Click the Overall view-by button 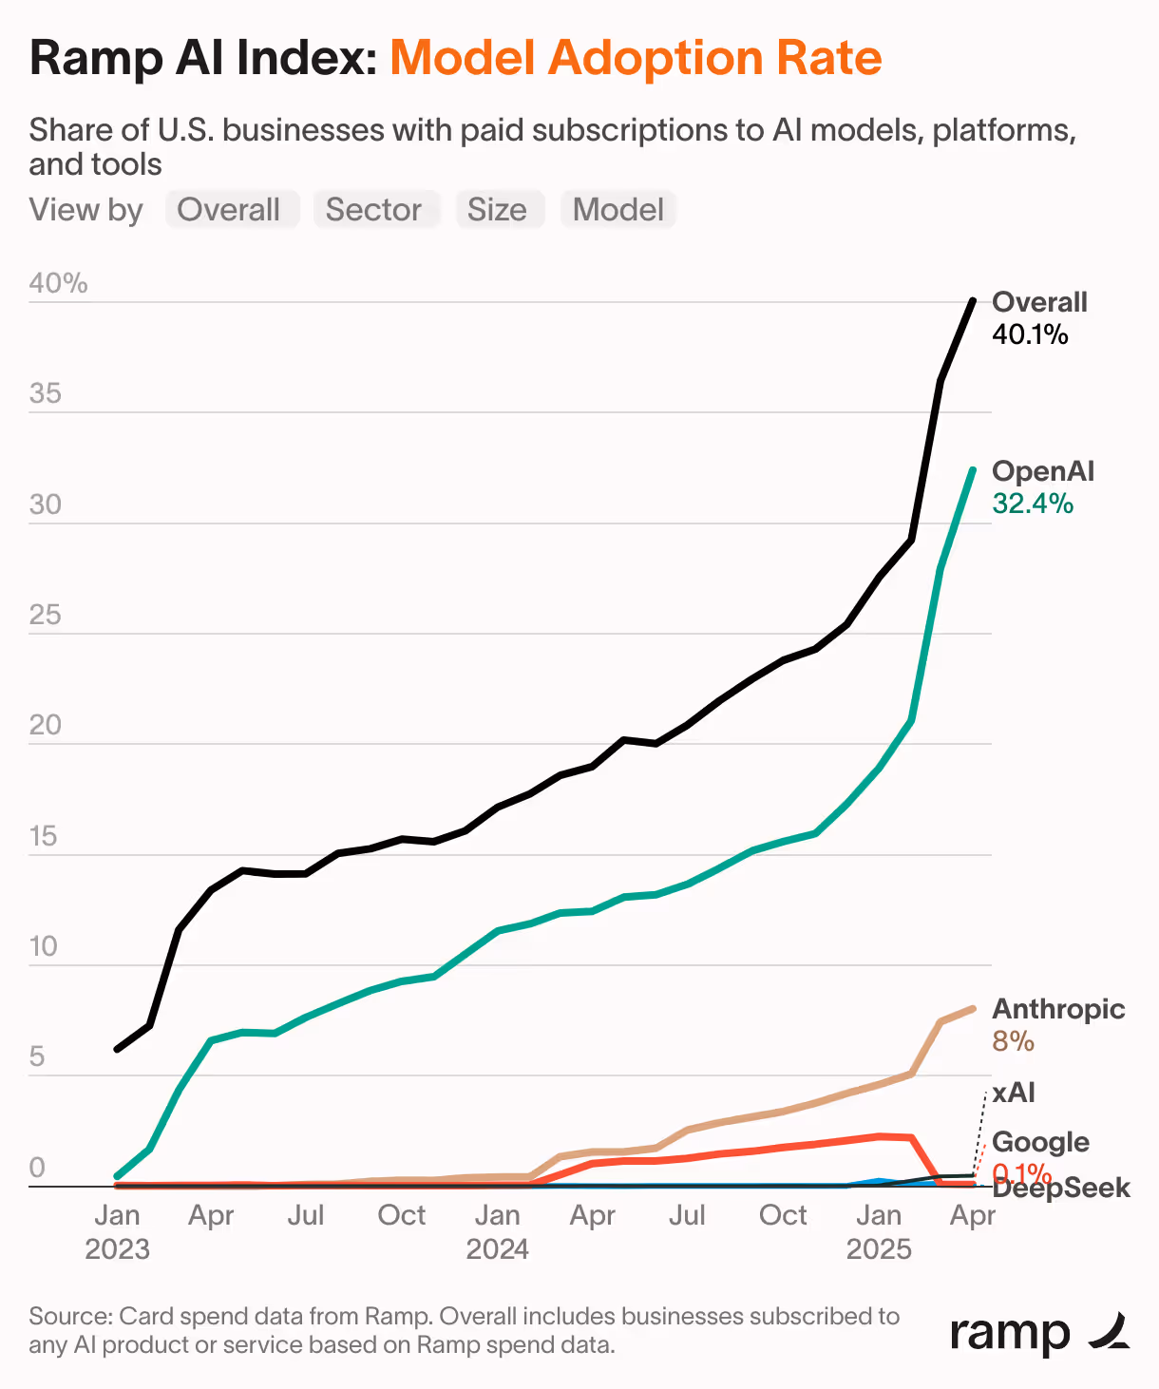229,210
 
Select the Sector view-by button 373,210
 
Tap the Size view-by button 497,210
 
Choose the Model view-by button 618,210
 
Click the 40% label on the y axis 58,283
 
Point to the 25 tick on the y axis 45,616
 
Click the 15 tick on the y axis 44,837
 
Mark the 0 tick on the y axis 37,1168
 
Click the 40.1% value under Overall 1030,334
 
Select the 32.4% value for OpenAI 1033,504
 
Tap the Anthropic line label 1058,1009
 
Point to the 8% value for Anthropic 1013,1041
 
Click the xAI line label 1014,1093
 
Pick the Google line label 1040,1142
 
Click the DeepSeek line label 1062,1189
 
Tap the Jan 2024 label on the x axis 497,1231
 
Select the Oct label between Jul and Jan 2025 783,1215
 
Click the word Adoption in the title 655,58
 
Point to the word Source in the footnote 70,1317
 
